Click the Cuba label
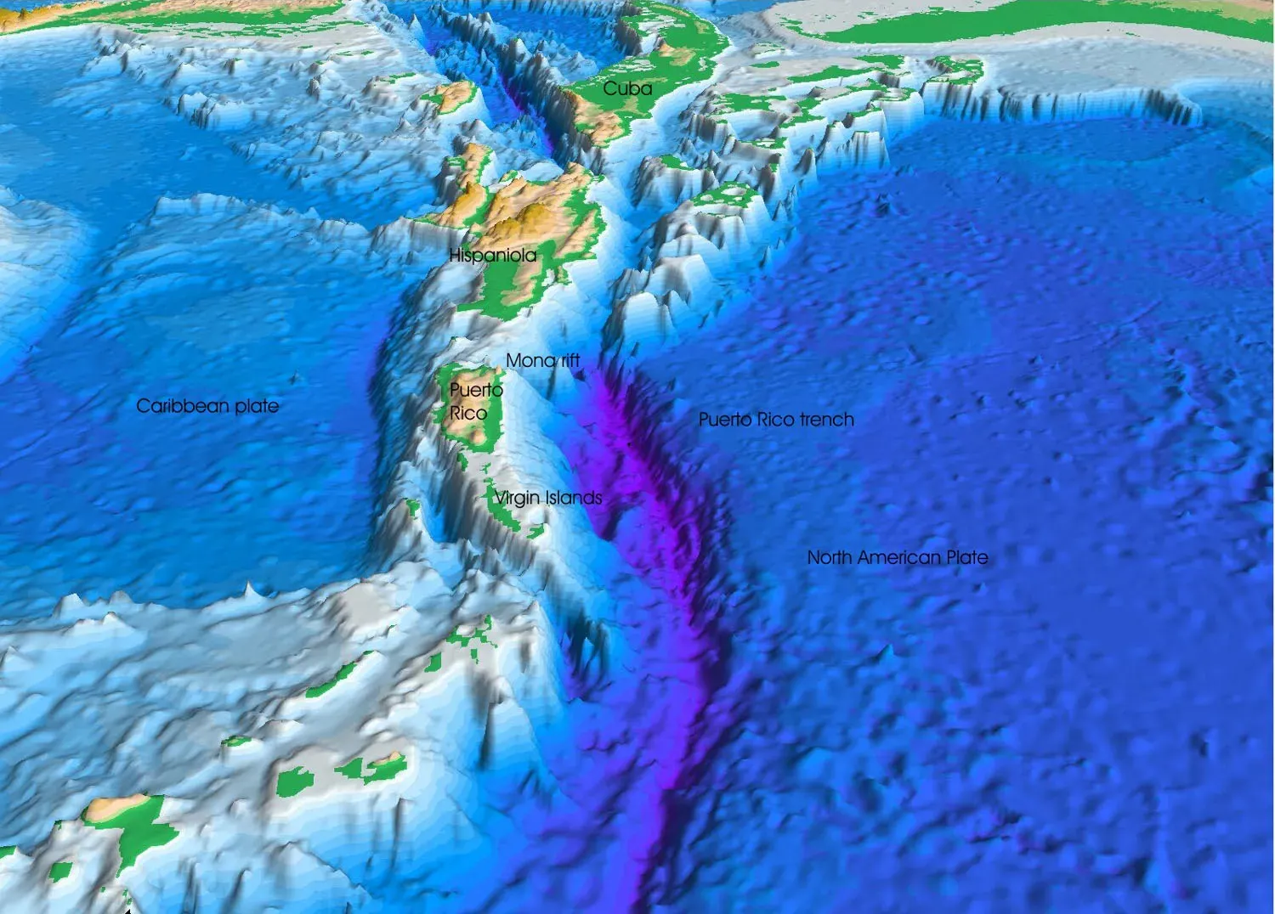(627, 88)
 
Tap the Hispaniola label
(492, 255)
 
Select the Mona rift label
(542, 360)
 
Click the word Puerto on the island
(476, 390)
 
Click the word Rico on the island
(467, 414)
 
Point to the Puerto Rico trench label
(776, 419)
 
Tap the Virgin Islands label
(548, 498)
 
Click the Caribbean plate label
(207, 406)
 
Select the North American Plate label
(897, 557)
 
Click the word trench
(826, 419)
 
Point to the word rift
(569, 360)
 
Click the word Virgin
(517, 498)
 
